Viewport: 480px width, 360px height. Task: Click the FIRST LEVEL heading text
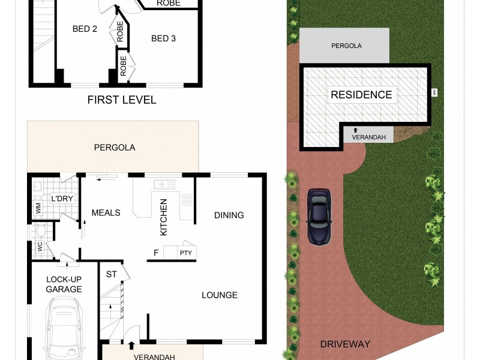[x=122, y=100]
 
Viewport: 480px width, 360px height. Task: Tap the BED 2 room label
[x=85, y=29]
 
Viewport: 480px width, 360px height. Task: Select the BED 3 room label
[x=163, y=38]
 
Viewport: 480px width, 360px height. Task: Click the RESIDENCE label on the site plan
[x=361, y=95]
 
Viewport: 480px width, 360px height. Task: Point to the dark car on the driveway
[x=319, y=217]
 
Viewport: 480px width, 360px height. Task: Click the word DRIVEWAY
[x=345, y=344]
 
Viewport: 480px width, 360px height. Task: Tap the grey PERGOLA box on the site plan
[x=344, y=46]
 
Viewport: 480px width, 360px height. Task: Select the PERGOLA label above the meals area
[x=114, y=147]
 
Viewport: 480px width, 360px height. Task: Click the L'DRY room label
[x=62, y=199]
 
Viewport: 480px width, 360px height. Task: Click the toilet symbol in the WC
[x=41, y=231]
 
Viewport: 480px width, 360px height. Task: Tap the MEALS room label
[x=106, y=212]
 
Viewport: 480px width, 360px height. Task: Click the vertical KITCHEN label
[x=163, y=217]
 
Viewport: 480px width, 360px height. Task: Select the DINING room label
[x=229, y=215]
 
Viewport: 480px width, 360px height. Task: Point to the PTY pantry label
[x=185, y=253]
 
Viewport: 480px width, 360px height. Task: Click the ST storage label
[x=112, y=274]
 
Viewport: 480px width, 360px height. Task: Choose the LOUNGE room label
[x=219, y=295]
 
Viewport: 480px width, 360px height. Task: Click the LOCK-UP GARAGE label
[x=64, y=284]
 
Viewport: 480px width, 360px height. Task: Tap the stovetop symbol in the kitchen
[x=187, y=199]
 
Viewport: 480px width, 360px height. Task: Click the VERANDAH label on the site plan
[x=368, y=137]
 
